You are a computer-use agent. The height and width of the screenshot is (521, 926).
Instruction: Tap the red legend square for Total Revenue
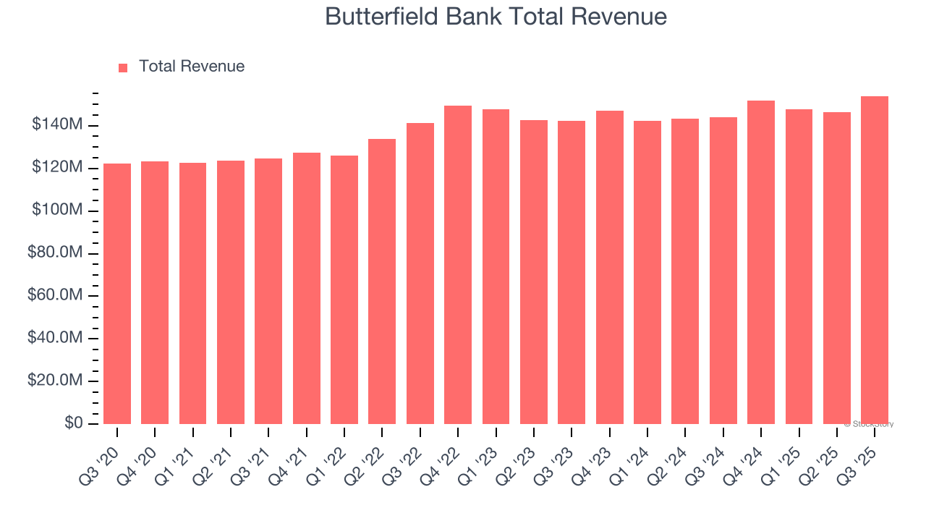point(123,67)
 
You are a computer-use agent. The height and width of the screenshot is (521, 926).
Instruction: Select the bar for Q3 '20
point(117,293)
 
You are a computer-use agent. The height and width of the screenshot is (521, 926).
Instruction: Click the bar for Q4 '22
point(458,265)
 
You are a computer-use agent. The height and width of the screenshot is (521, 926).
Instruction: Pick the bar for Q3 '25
point(875,260)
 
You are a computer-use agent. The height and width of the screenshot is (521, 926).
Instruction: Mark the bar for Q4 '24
point(761,262)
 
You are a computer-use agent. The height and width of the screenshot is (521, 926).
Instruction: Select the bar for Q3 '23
point(572,272)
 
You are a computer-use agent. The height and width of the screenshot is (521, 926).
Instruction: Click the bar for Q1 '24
point(647,272)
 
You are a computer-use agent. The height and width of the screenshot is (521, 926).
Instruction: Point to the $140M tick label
point(57,125)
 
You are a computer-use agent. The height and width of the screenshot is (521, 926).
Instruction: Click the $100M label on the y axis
point(57,211)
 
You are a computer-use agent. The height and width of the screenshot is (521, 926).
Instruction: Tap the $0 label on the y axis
point(72,423)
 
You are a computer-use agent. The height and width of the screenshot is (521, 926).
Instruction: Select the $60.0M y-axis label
point(57,296)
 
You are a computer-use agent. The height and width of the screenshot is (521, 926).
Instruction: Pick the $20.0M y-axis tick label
point(57,381)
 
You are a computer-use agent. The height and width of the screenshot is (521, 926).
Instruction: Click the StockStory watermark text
point(869,424)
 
